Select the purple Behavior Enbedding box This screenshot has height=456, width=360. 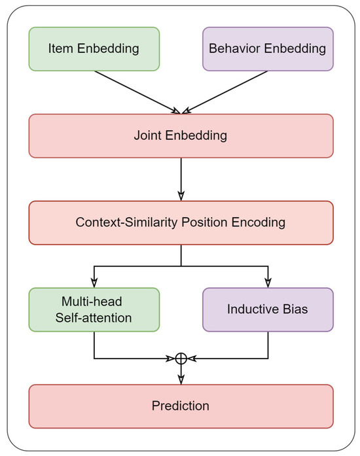(x=268, y=48)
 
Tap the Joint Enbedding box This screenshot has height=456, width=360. (x=181, y=136)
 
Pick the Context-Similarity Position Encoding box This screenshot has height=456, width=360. (x=181, y=222)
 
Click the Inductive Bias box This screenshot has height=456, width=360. (x=268, y=309)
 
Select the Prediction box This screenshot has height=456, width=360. (x=181, y=406)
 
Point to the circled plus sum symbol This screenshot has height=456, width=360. (x=181, y=359)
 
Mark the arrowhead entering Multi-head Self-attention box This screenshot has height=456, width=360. (x=94, y=282)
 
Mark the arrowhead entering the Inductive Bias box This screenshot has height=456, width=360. (x=268, y=282)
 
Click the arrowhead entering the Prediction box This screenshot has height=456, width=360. (x=181, y=379)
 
